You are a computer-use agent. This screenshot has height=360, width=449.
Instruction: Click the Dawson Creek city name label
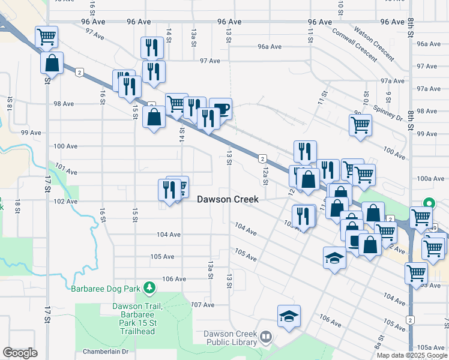(x=228, y=199)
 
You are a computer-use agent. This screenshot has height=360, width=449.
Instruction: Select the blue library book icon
(x=265, y=338)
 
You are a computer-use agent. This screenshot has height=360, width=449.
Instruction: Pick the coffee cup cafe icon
(x=220, y=109)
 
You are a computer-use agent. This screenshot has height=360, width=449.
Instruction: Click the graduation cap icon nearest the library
(x=289, y=316)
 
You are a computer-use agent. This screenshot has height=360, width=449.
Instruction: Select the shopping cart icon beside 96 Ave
(x=46, y=37)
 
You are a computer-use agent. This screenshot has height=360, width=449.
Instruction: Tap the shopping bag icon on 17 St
(x=52, y=63)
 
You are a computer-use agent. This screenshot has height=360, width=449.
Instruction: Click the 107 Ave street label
(x=203, y=305)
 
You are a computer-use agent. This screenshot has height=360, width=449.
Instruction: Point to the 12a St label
(x=265, y=176)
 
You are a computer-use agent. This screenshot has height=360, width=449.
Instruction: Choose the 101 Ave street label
(x=66, y=172)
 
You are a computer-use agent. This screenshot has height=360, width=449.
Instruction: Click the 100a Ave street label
(x=430, y=178)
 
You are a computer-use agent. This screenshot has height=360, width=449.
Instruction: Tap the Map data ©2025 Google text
(x=411, y=355)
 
